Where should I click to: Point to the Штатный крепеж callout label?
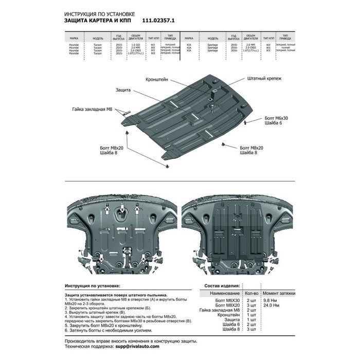(257, 80)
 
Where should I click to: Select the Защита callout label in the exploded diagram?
(123, 89)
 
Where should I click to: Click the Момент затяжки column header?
(279, 292)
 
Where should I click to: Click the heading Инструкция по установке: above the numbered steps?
(93, 285)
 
